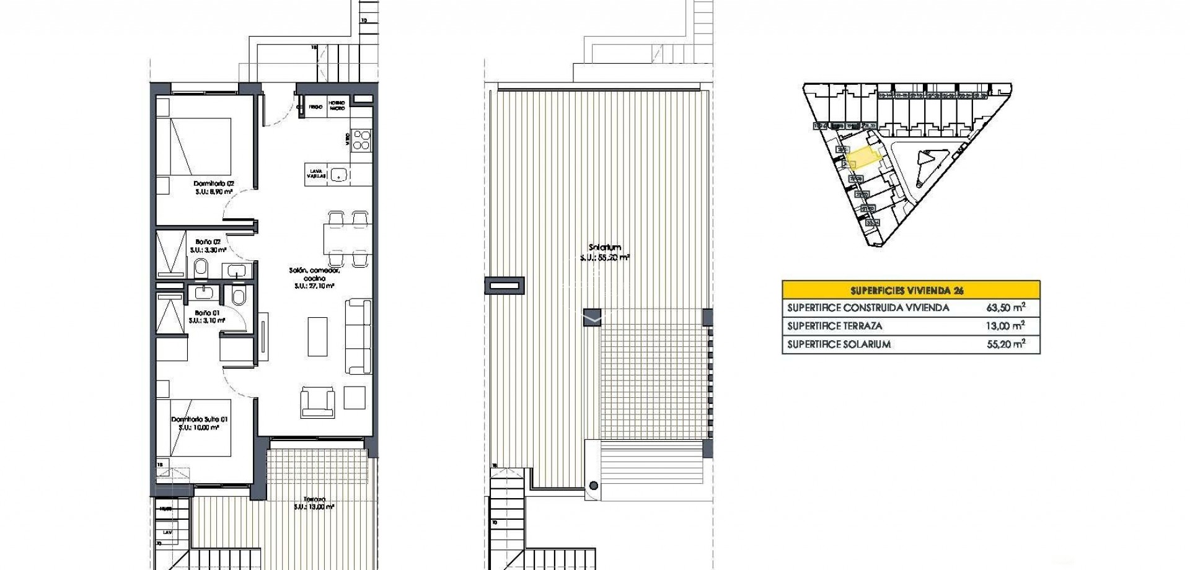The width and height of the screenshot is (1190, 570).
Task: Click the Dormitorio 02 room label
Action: click(213, 184)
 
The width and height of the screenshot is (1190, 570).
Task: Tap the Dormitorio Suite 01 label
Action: click(199, 419)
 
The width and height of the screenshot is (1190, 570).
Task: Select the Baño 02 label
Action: click(208, 242)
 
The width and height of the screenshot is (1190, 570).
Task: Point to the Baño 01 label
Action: click(207, 313)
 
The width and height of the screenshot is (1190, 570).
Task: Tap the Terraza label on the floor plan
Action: click(315, 499)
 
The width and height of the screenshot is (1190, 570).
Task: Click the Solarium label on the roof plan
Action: click(605, 248)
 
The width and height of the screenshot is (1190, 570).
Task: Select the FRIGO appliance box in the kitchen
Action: click(315, 107)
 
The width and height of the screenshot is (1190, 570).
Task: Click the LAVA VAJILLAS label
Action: click(315, 173)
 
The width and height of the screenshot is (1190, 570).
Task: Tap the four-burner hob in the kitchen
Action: click(361, 139)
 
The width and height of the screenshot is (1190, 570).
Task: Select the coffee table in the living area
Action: click(318, 336)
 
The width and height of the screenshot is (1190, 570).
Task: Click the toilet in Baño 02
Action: click(201, 268)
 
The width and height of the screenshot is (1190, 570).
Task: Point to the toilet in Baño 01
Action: click(239, 296)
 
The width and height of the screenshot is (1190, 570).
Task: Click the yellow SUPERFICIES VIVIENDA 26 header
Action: click(910, 290)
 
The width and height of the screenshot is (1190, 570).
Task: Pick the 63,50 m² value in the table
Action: click(1005, 307)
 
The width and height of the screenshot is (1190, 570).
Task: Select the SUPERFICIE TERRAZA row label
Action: click(834, 326)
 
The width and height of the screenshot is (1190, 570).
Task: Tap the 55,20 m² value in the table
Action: click(1005, 344)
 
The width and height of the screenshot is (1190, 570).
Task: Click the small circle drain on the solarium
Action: click(594, 486)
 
